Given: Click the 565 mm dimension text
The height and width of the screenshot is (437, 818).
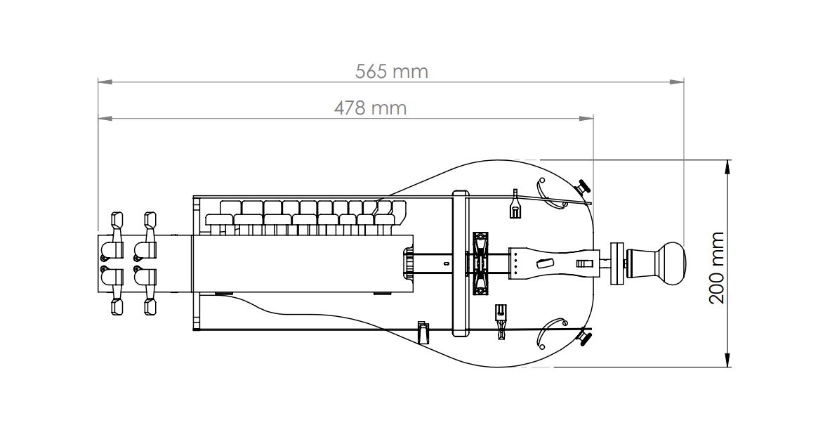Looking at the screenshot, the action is (391, 71).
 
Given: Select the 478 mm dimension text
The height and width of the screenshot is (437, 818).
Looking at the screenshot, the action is (370, 108).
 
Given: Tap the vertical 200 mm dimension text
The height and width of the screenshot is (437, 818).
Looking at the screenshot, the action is (717, 268).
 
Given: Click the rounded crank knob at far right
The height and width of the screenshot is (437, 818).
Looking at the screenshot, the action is (671, 263).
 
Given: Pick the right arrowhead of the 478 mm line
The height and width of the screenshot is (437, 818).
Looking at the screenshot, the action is (587, 119).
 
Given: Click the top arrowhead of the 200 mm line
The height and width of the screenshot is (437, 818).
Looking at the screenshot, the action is (727, 167).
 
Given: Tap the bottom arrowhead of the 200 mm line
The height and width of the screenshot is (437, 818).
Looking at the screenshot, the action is (727, 360).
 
